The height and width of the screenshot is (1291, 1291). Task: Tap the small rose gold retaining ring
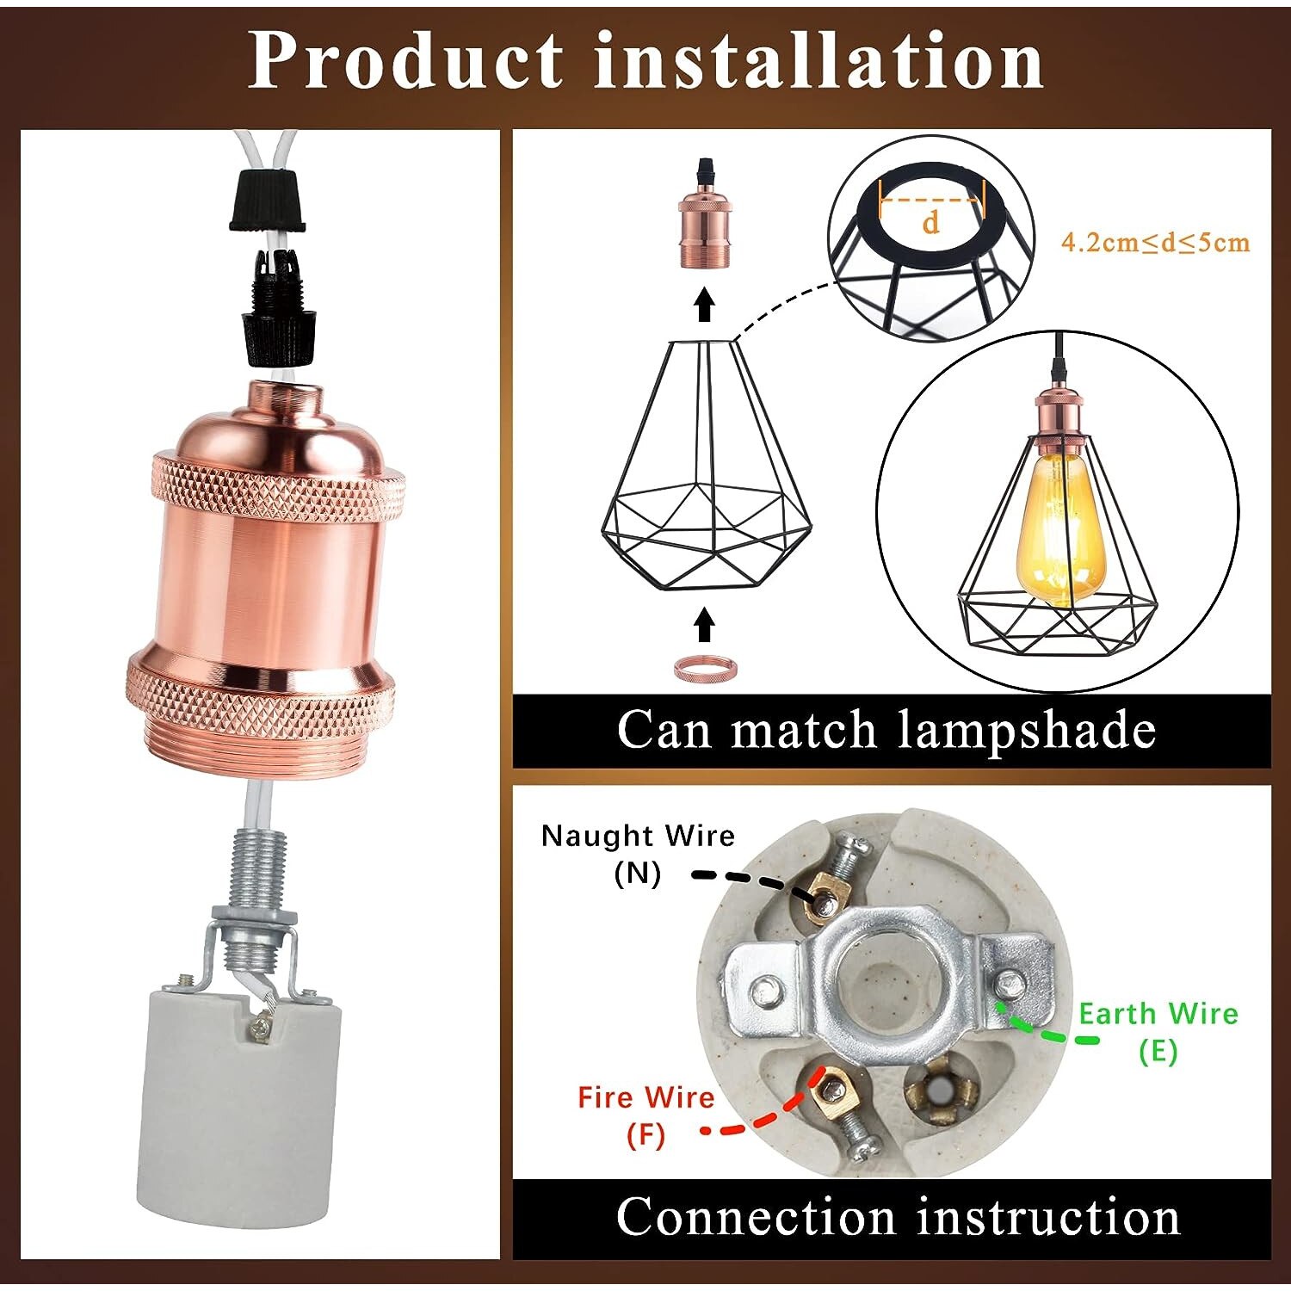(x=704, y=668)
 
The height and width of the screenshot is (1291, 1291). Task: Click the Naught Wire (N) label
(x=638, y=854)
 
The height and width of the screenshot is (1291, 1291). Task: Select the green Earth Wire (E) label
(x=1158, y=1031)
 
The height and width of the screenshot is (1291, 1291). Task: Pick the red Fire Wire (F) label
(x=645, y=1115)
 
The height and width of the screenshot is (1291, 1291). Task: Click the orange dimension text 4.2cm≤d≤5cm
(x=1154, y=242)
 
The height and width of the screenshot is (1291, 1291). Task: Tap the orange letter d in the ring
(x=930, y=222)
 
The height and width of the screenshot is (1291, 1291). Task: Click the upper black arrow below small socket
(x=704, y=305)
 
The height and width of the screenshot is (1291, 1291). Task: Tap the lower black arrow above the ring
(x=704, y=624)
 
